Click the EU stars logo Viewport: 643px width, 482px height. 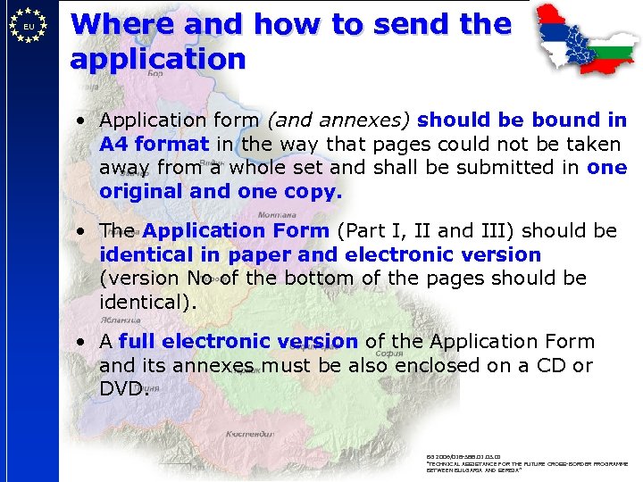[x=29, y=26]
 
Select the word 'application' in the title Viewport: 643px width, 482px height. [x=157, y=60]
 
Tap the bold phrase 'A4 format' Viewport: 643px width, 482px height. [x=154, y=144]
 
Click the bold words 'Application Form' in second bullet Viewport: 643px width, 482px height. [x=236, y=230]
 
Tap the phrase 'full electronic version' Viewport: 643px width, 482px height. [x=238, y=341]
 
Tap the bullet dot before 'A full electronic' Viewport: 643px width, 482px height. [x=81, y=342]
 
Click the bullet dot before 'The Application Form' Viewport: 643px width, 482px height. [x=81, y=231]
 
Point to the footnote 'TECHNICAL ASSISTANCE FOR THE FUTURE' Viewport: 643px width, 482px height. [x=527, y=464]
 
